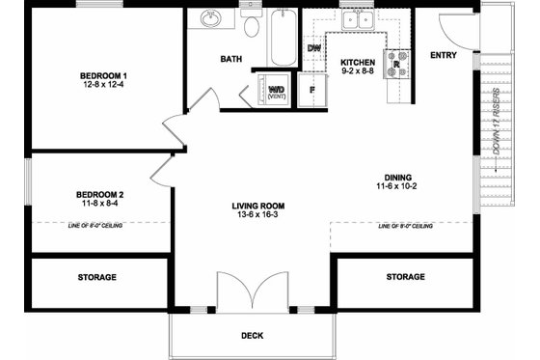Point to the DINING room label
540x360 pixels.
[x=397, y=177]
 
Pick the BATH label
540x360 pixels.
[x=231, y=59]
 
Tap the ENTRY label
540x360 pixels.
[x=444, y=54]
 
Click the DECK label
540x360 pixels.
[x=253, y=336]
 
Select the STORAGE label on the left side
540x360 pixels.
[x=97, y=277]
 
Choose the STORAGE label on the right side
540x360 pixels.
[x=405, y=277]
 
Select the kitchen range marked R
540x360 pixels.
[x=396, y=65]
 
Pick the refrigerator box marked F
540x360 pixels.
[x=311, y=91]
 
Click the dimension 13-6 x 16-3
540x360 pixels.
[x=256, y=216]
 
